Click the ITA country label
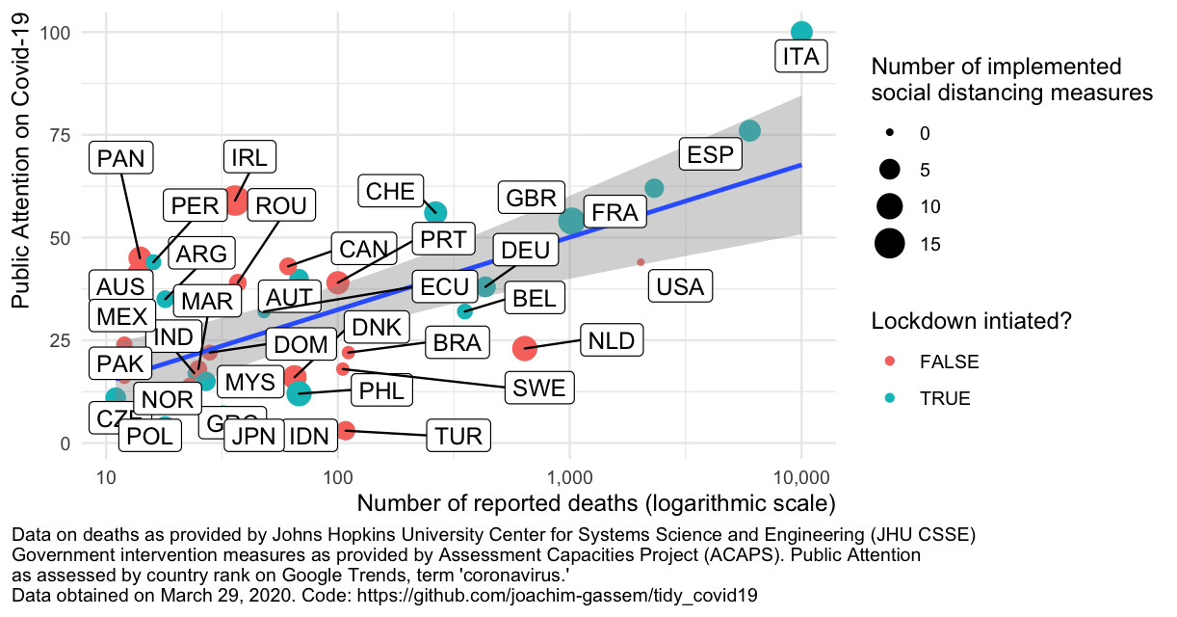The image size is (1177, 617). (800, 57)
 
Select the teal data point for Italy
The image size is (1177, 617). (801, 32)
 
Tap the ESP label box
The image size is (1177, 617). (711, 154)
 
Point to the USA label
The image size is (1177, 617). (679, 286)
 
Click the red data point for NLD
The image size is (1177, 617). (524, 347)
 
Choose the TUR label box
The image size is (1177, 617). (458, 436)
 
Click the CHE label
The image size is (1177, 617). (390, 190)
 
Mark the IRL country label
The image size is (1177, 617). (249, 157)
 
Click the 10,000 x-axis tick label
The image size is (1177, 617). (801, 476)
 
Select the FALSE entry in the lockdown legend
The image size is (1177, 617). (949, 362)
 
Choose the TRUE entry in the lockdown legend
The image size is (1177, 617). (945, 398)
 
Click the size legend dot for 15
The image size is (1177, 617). (889, 244)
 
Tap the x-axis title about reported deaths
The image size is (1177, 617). (595, 504)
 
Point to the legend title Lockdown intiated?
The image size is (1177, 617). (972, 322)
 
